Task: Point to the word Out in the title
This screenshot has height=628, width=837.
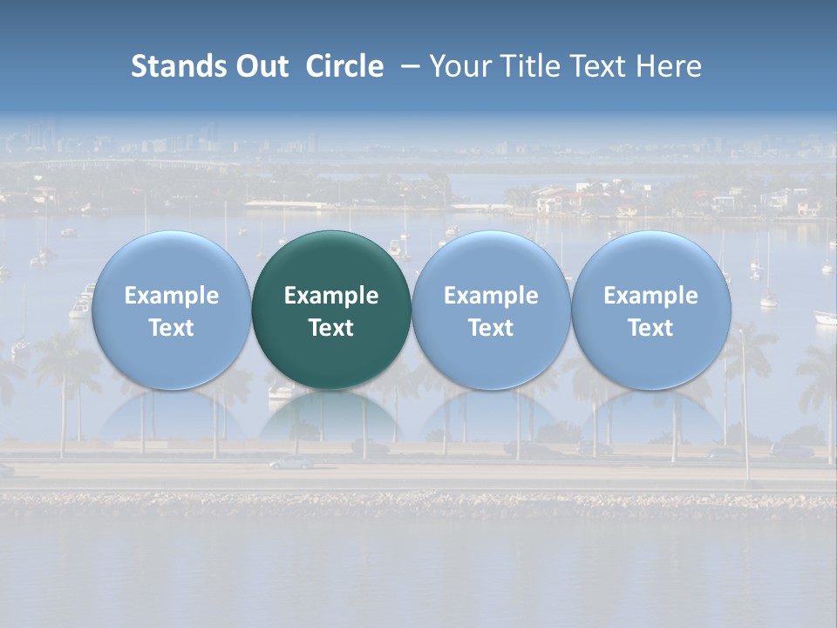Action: (x=260, y=66)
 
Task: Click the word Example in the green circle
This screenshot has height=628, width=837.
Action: (x=331, y=296)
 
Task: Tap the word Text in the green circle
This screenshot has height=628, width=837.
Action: (x=331, y=328)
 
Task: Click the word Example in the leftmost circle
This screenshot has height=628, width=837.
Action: (x=171, y=296)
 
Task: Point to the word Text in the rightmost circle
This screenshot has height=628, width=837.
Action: (x=650, y=328)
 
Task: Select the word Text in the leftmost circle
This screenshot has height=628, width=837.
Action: (x=171, y=328)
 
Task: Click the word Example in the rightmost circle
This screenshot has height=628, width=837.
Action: (x=650, y=296)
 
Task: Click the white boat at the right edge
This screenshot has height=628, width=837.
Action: (x=825, y=318)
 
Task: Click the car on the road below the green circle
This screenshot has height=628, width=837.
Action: (x=289, y=463)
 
